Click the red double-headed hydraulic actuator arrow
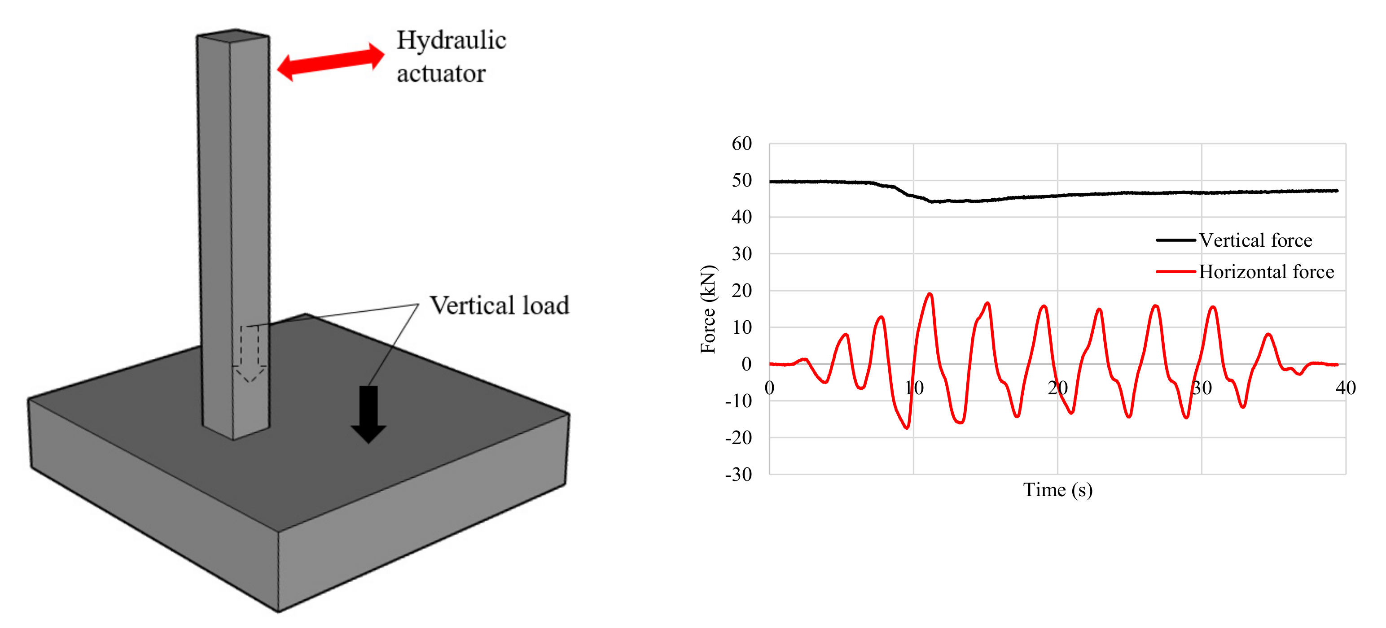pos(330,62)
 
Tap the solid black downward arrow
pos(368,414)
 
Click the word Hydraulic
pos(452,40)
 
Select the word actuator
pos(441,74)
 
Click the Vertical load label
pos(499,305)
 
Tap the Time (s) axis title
pos(1057,490)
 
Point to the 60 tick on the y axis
pos(741,144)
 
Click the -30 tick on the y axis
pos(739,474)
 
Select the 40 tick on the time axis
pos(1345,388)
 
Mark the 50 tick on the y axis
pos(741,181)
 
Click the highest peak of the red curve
pos(929,294)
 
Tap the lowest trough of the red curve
pos(907,428)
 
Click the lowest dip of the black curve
pos(932,201)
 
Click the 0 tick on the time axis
pos(769,388)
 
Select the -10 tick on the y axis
pos(739,401)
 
